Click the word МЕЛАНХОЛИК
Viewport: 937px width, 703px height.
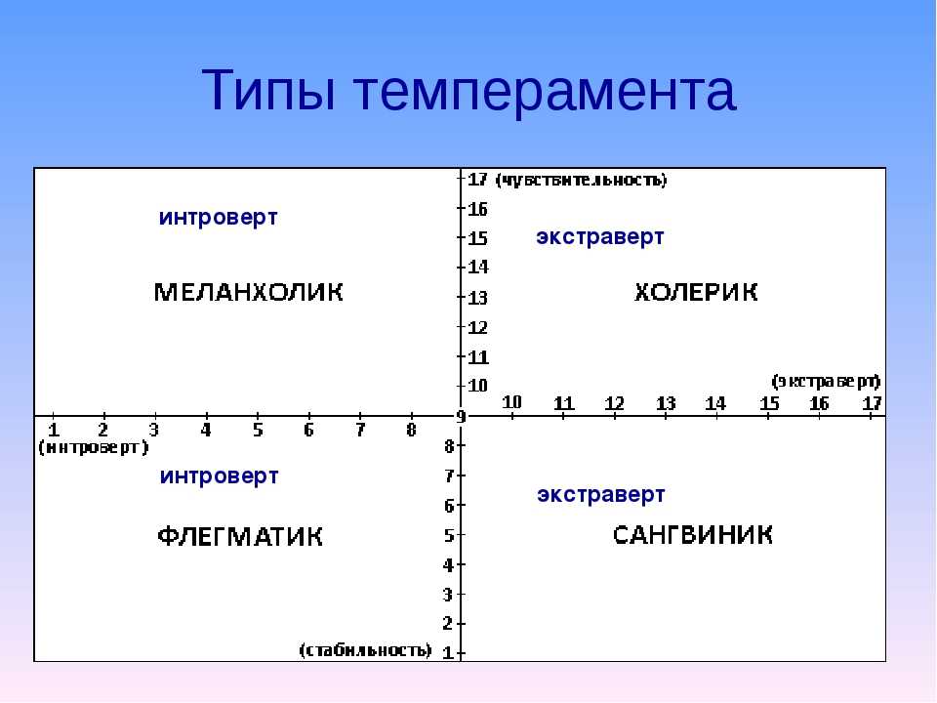click(x=249, y=292)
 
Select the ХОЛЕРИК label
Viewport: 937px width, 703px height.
click(x=696, y=292)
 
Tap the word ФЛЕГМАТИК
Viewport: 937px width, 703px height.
click(x=240, y=536)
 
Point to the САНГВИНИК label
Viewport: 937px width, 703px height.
click(x=693, y=534)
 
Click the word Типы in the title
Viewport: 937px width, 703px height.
click(x=268, y=91)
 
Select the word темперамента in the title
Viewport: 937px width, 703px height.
click(x=546, y=93)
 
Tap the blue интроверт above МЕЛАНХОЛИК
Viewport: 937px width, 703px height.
click(x=218, y=218)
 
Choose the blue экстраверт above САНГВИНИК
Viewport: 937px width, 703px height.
click(x=600, y=495)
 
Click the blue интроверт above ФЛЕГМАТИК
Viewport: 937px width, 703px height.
click(x=219, y=476)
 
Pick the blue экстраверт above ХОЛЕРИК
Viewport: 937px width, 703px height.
click(x=600, y=236)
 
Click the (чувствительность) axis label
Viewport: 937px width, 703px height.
click(x=582, y=180)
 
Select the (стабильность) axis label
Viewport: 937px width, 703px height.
click(x=365, y=650)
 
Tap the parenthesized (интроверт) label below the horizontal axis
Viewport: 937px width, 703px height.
click(x=94, y=447)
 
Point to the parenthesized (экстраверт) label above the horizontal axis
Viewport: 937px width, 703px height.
click(x=826, y=381)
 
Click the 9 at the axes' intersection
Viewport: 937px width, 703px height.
click(x=461, y=417)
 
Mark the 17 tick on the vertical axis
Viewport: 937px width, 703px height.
click(x=477, y=179)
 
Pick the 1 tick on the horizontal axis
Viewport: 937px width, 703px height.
click(x=53, y=430)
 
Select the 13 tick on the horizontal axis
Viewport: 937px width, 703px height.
click(x=666, y=403)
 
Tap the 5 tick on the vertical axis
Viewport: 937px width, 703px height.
click(x=449, y=535)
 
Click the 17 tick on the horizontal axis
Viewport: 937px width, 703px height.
click(x=872, y=403)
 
